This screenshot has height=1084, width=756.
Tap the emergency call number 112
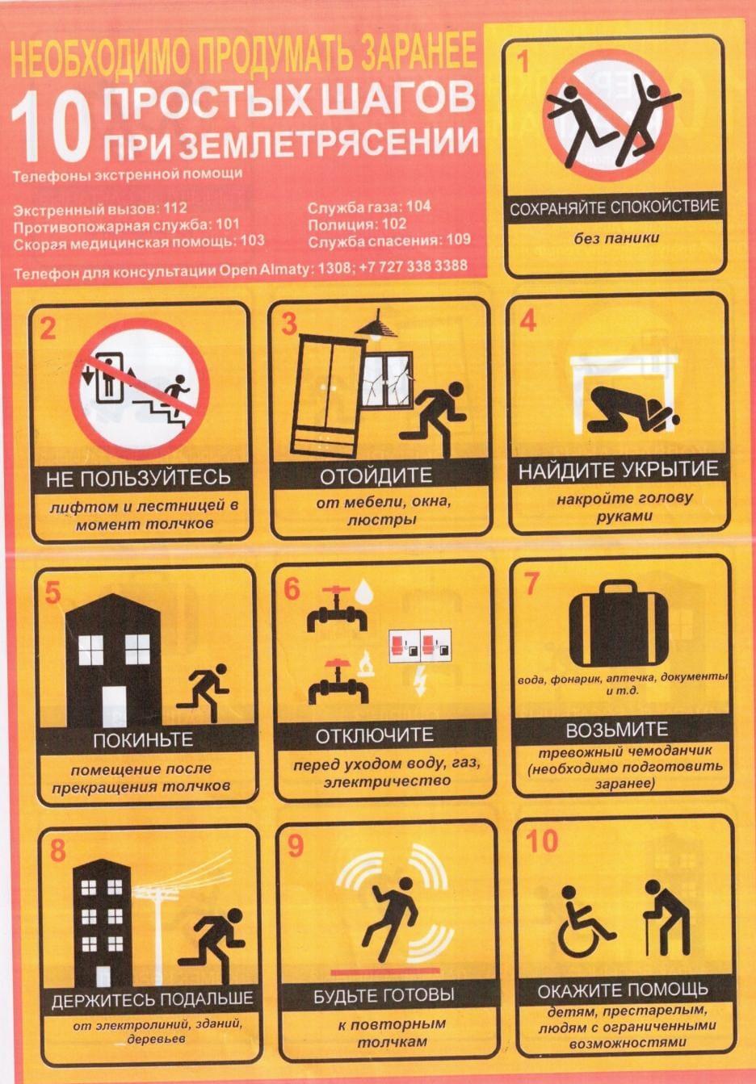[174, 208]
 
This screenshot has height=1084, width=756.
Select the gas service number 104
[418, 207]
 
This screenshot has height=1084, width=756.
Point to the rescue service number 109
[458, 239]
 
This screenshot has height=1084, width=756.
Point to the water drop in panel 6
[363, 590]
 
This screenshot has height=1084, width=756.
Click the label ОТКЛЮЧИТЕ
[374, 736]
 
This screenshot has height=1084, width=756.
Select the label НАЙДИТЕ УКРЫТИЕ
[619, 471]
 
